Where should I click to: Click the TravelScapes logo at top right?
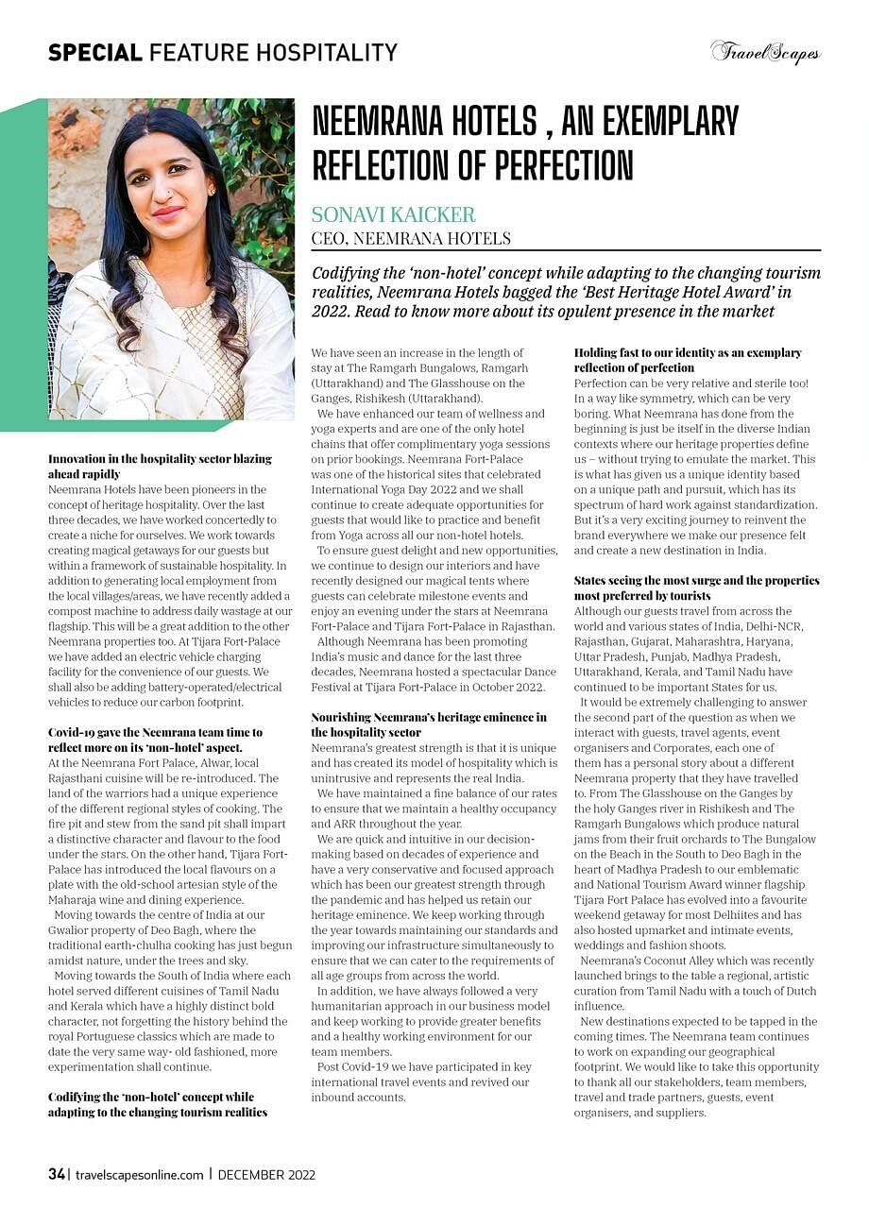(765, 52)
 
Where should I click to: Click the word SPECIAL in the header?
(95, 52)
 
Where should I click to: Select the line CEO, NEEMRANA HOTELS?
(411, 238)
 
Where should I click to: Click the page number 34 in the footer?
(56, 1174)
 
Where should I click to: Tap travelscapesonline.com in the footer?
(139, 1175)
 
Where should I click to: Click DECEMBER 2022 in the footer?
(266, 1175)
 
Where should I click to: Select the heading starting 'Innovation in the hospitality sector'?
(160, 466)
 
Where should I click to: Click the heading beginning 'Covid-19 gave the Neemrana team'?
(156, 739)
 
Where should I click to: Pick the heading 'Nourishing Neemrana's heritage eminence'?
(429, 724)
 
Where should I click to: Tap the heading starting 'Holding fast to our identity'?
(688, 360)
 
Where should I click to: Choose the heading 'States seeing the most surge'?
(696, 587)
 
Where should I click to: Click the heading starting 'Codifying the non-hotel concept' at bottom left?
(151, 1104)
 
